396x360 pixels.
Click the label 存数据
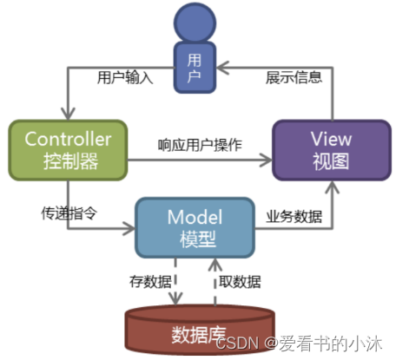(x=145, y=280)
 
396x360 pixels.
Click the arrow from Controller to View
(x=200, y=160)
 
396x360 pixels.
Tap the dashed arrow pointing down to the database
(x=176, y=282)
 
